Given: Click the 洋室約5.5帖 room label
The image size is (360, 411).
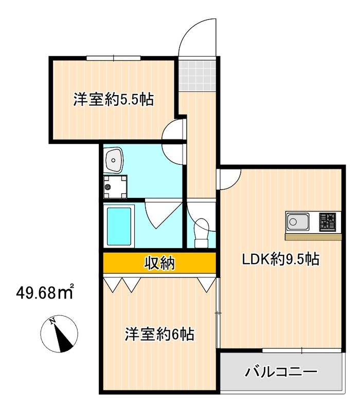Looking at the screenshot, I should pyautogui.click(x=114, y=99).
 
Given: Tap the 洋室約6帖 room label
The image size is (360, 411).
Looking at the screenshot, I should pyautogui.click(x=159, y=334).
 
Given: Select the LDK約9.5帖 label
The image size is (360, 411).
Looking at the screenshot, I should pyautogui.click(x=281, y=259).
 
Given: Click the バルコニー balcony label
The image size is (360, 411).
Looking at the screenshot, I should pyautogui.click(x=280, y=371).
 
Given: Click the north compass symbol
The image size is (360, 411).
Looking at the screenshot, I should pyautogui.click(x=60, y=335).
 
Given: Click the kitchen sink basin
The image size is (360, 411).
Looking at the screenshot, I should pyautogui.click(x=298, y=222).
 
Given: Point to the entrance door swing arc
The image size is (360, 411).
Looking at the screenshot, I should pyautogui.click(x=198, y=36).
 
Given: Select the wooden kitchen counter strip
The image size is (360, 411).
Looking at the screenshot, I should pyautogui.click(x=314, y=237).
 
